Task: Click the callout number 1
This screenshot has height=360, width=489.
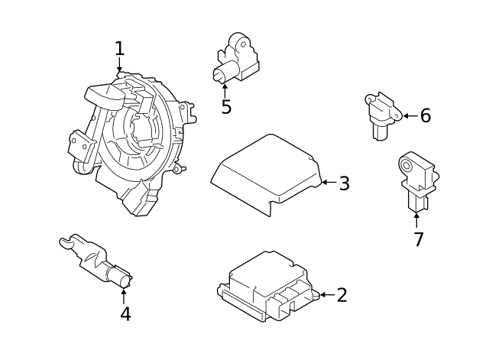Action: click(x=119, y=49)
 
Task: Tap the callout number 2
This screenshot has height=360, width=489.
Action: click(x=342, y=295)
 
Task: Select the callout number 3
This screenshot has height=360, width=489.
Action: click(x=344, y=183)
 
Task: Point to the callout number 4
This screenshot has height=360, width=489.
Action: click(x=125, y=313)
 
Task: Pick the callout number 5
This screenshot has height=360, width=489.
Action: click(x=225, y=107)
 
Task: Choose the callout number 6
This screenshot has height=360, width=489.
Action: click(x=425, y=116)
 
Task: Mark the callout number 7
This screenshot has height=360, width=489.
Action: click(x=418, y=239)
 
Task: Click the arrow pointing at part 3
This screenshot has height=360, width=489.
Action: click(x=327, y=183)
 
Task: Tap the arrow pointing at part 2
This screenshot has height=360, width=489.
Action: click(x=325, y=295)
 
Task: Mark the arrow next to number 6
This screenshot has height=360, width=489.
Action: click(x=409, y=116)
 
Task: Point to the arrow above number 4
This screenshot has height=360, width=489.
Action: click(x=125, y=294)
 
